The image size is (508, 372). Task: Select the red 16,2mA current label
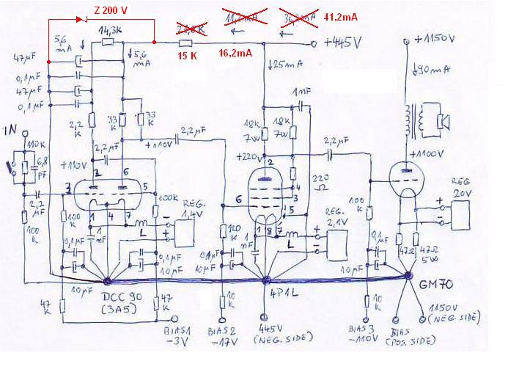coord(235,54)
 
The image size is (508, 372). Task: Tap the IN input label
coord(10,131)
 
